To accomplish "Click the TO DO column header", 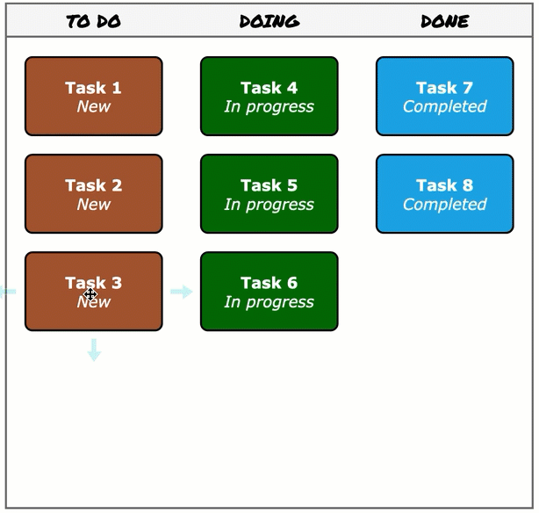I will [x=93, y=21].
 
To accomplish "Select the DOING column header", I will [x=269, y=21].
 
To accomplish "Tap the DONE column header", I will [x=444, y=21].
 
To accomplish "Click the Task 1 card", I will [x=93, y=97].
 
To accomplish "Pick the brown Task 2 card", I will [x=93, y=194].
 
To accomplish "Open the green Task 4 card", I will [x=269, y=97].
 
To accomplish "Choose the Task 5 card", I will [x=269, y=194].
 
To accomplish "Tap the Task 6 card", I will [x=269, y=292].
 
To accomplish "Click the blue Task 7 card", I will [x=444, y=97].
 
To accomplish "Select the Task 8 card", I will [x=444, y=194].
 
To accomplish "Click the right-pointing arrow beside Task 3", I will [x=182, y=292].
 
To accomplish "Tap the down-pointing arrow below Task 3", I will [x=94, y=350].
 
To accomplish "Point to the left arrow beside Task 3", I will [x=7, y=292].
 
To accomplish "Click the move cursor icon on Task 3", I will [x=90, y=293].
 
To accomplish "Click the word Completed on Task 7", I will [x=444, y=107].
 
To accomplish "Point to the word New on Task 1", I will [x=93, y=107].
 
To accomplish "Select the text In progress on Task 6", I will [x=269, y=302].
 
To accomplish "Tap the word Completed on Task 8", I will [x=444, y=205].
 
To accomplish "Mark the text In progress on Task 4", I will [x=269, y=107].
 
